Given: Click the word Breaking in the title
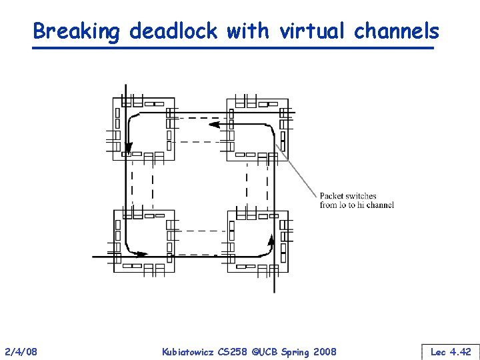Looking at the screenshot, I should (x=77, y=31).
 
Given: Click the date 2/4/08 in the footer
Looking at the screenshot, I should (x=21, y=351).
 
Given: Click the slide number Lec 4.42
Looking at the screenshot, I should (x=451, y=351).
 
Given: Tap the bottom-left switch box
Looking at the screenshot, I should (x=144, y=241).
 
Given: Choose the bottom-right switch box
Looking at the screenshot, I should (x=257, y=241).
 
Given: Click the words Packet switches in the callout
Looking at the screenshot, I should (x=348, y=196).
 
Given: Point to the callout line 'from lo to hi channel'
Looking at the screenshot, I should (x=357, y=205).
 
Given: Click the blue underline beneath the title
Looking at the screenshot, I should (x=233, y=48).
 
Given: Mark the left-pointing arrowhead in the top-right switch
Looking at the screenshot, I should (x=214, y=124).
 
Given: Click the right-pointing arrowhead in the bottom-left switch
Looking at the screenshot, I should (x=141, y=253).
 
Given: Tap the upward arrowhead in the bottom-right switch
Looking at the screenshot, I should (x=271, y=239).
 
